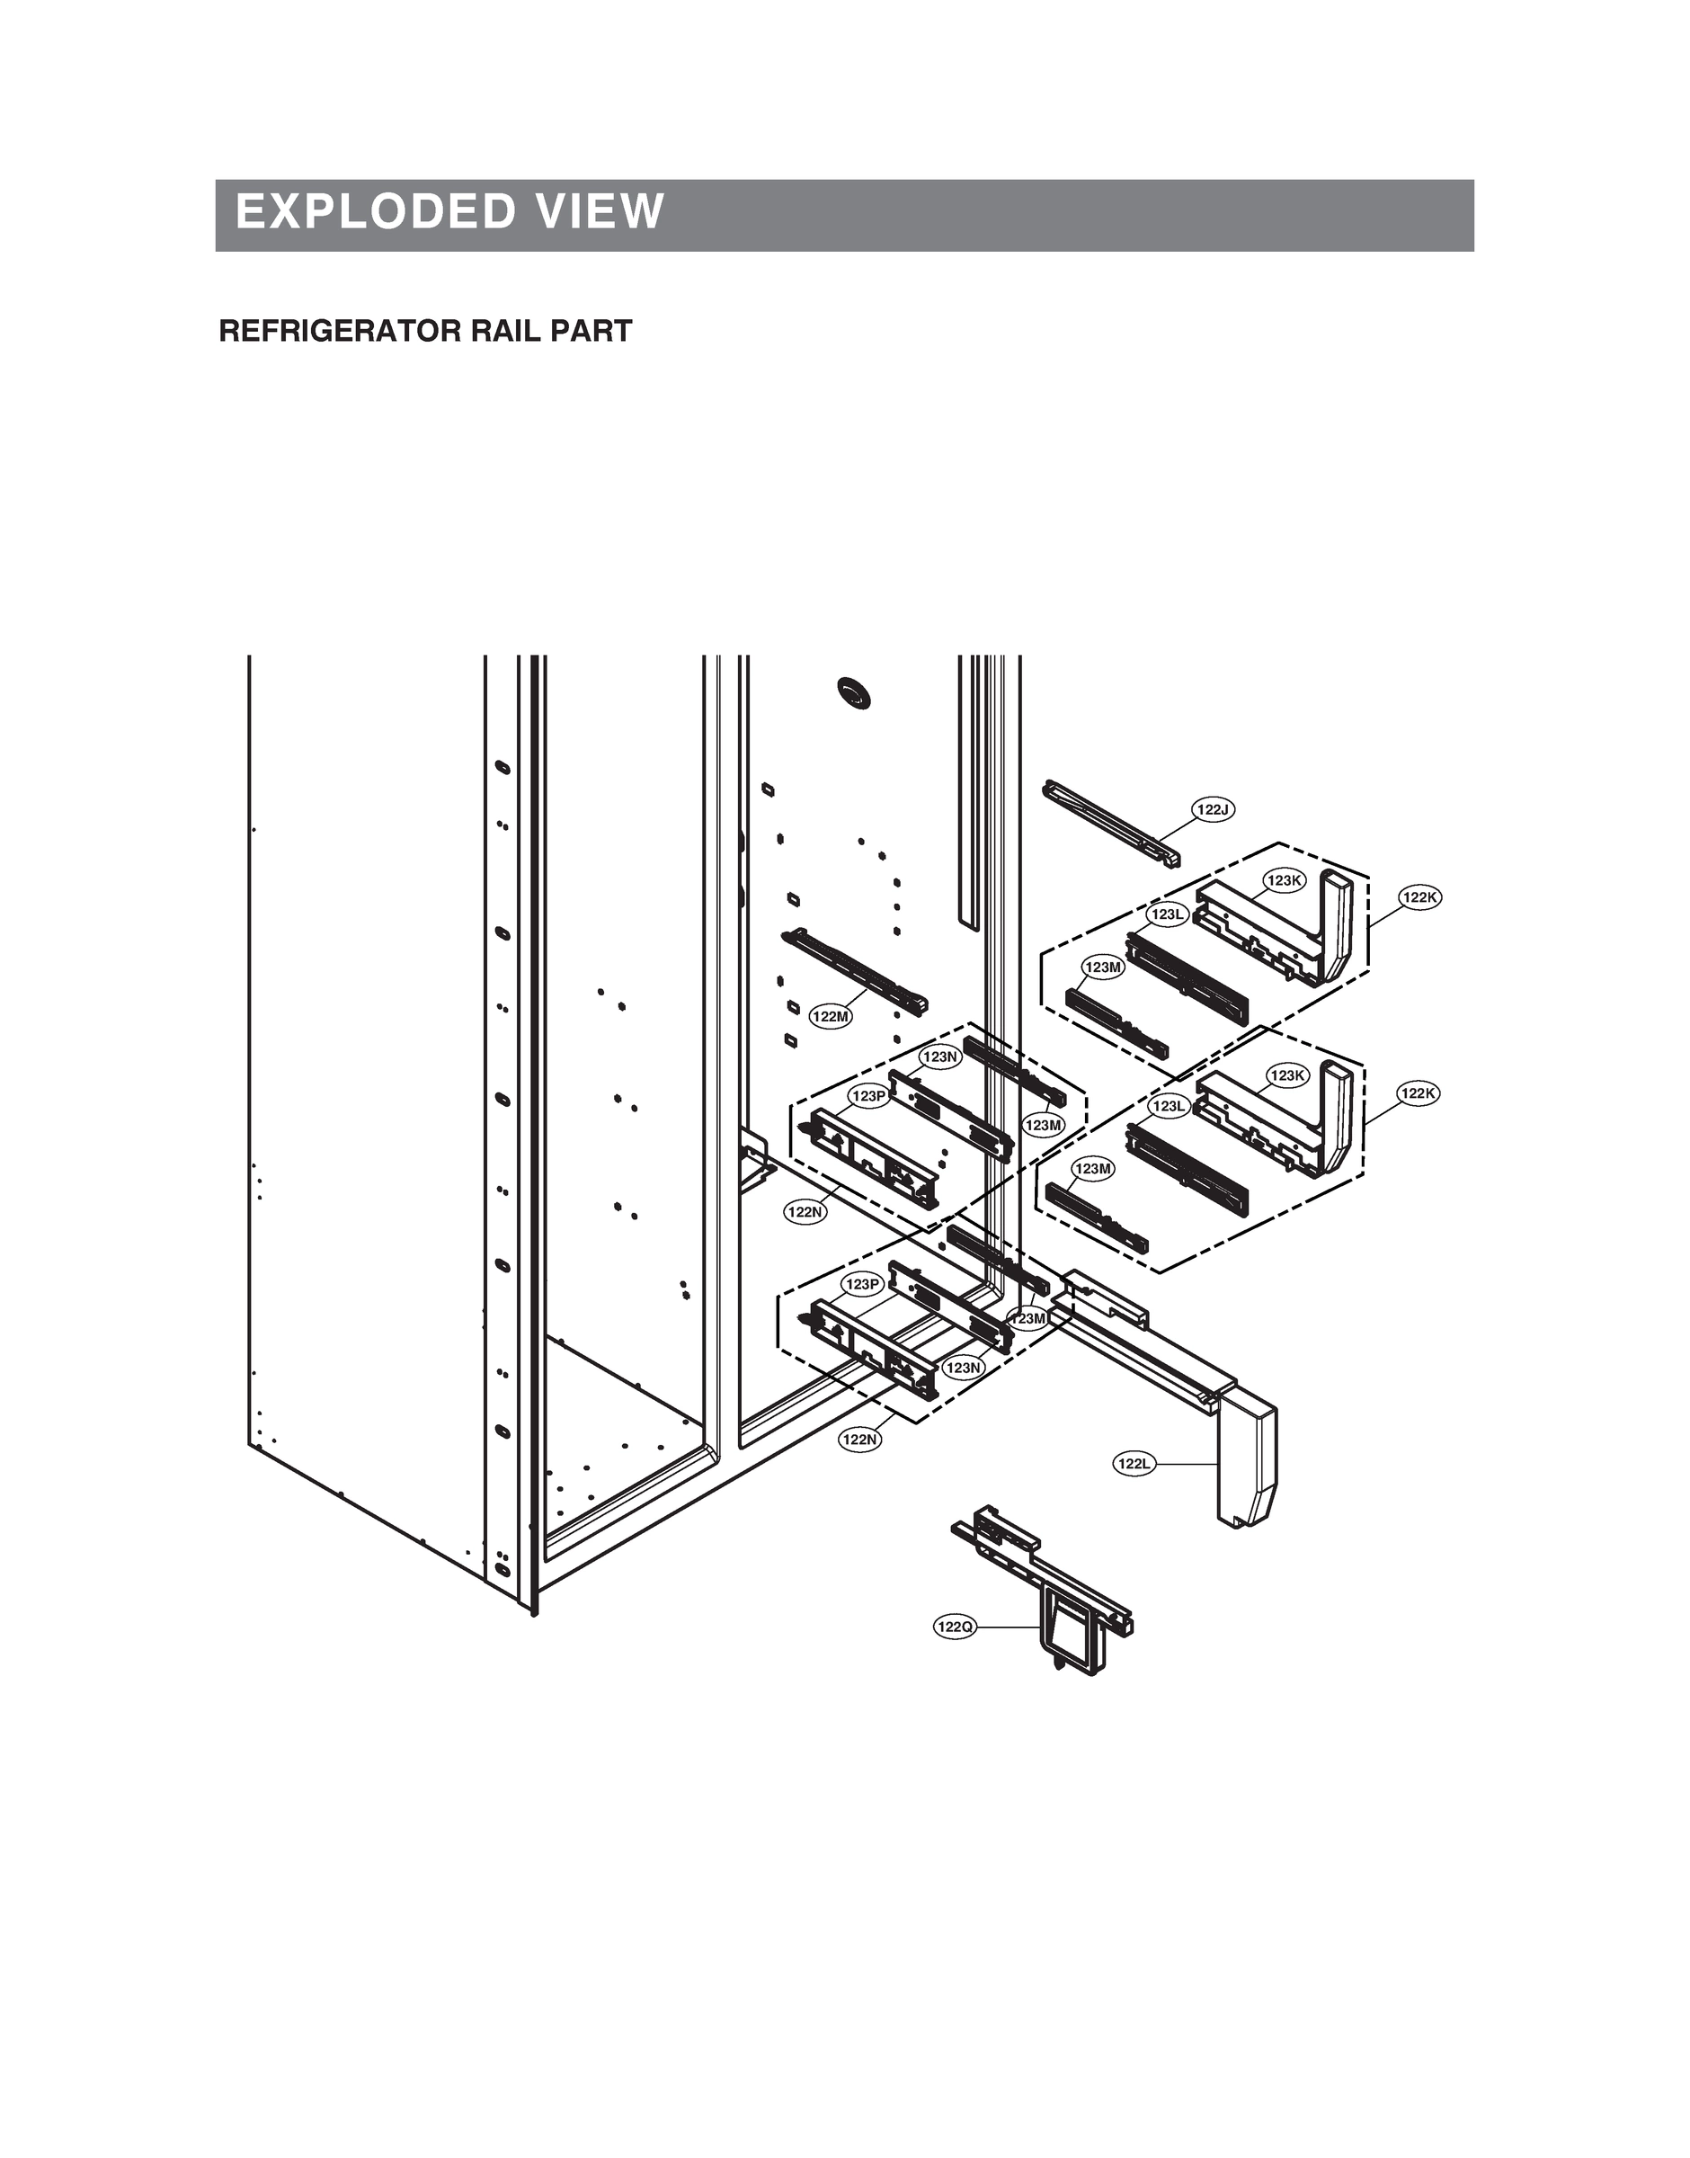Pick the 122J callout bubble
coord(1212,810)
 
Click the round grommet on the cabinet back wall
coord(855,691)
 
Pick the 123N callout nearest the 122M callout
coord(940,1057)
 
